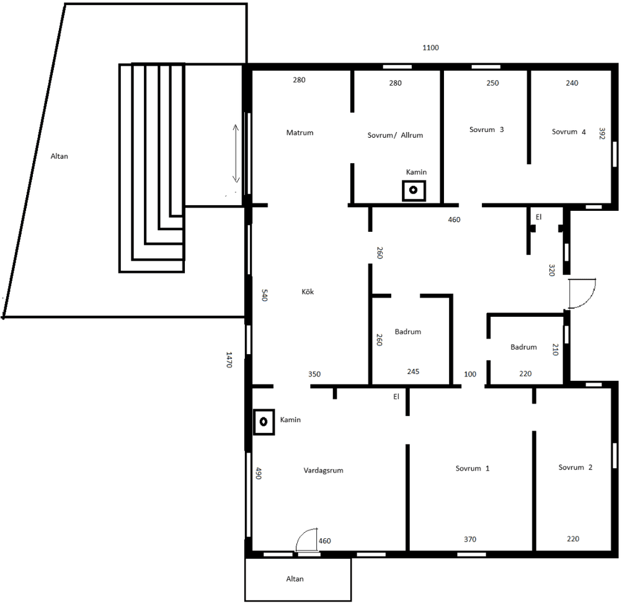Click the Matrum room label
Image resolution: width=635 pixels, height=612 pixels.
300,133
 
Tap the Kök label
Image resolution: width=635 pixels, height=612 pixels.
308,291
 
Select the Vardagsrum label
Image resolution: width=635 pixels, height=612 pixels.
323,471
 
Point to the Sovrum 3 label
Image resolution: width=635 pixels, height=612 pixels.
486,130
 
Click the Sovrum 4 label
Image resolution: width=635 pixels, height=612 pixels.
569,131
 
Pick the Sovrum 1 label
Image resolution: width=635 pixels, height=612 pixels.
472,469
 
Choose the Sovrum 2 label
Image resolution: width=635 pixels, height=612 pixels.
575,468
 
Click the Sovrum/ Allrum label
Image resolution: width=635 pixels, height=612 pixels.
395,135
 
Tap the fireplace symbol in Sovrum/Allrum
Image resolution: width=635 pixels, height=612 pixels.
414,190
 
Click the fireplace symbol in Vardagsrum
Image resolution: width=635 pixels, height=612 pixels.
264,422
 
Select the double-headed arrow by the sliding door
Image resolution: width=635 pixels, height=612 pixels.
236,153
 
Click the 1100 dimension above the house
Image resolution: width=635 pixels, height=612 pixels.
430,48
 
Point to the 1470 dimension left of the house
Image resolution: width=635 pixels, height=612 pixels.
229,360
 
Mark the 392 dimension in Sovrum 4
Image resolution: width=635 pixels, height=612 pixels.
602,134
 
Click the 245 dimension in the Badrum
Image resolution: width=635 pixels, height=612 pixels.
413,371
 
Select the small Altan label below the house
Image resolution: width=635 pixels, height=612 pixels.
295,579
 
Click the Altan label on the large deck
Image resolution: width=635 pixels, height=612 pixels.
59,156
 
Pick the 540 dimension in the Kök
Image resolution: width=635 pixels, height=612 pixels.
264,295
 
